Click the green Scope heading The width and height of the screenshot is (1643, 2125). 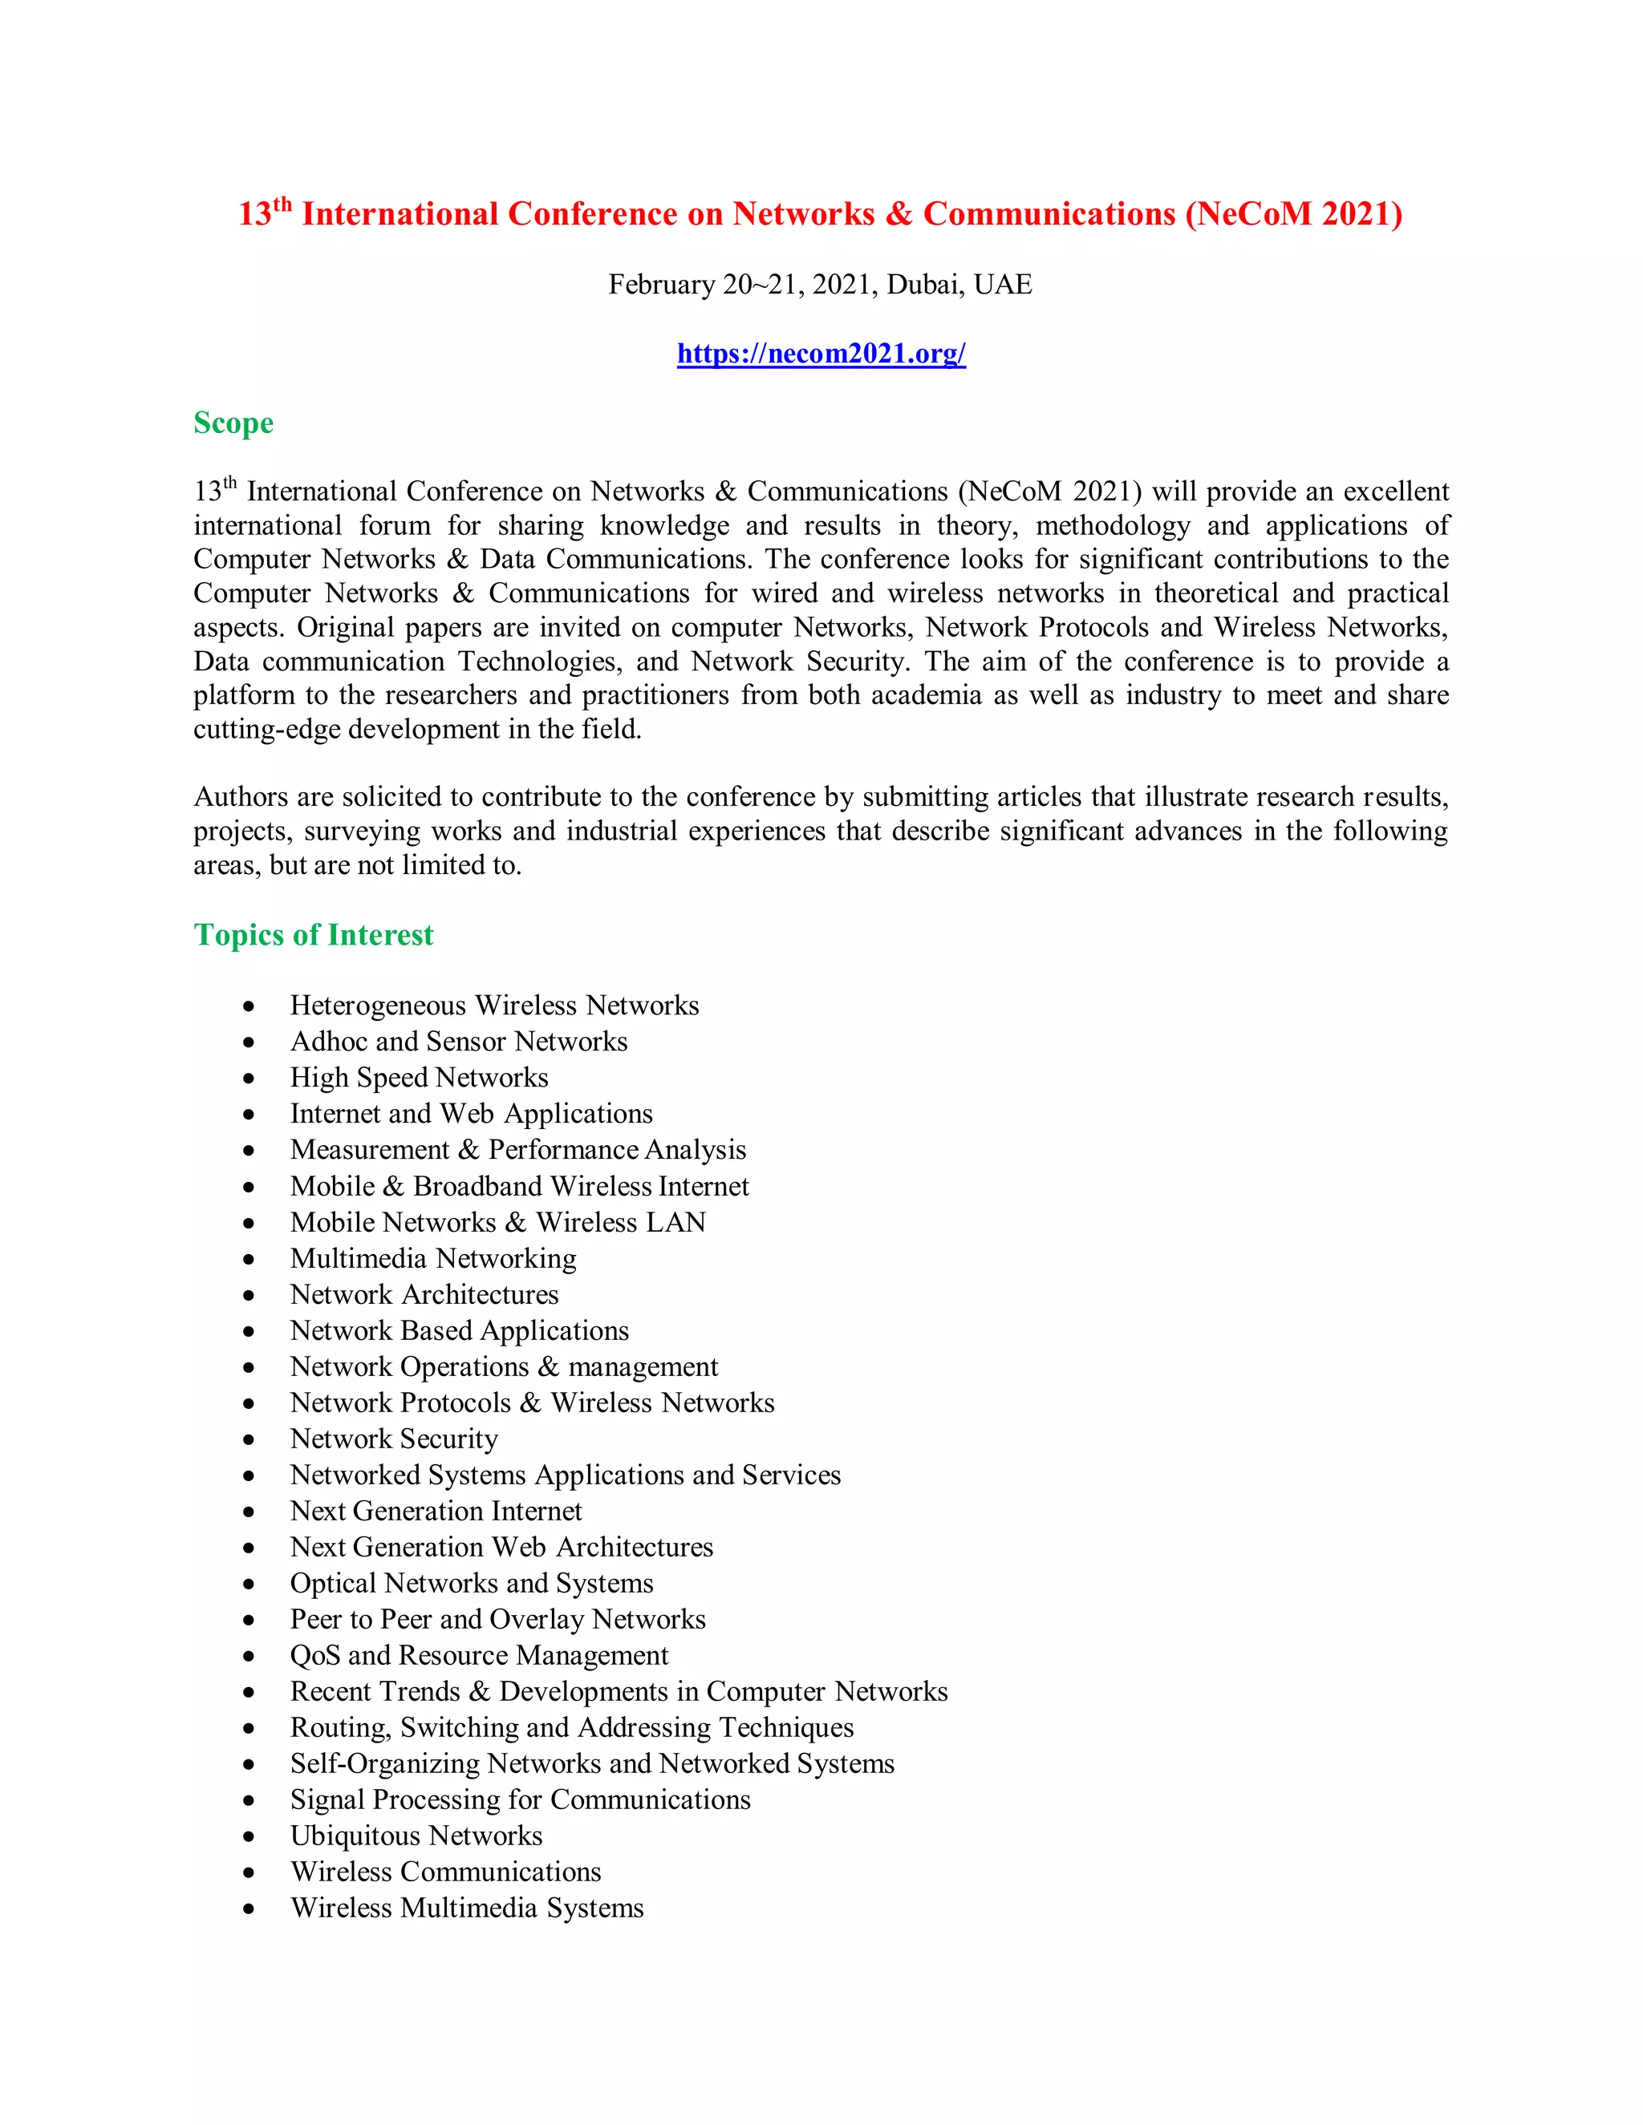coord(233,423)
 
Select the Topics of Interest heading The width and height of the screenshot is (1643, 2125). coord(314,935)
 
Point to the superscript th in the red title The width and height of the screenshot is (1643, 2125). coord(282,204)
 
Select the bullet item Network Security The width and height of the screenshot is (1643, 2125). coord(394,1439)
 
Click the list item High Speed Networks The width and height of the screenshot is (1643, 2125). coord(420,1078)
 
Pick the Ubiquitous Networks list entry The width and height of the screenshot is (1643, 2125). coord(416,1836)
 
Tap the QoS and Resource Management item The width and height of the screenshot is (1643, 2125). coord(479,1656)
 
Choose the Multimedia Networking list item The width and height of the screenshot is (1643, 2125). coord(433,1259)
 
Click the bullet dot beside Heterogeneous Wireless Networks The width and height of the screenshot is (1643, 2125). coord(249,1006)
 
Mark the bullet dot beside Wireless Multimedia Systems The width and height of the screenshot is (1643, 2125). coord(249,1909)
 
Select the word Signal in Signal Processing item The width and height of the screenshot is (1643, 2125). coord(326,1800)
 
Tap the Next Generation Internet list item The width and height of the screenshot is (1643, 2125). coord(436,1511)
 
